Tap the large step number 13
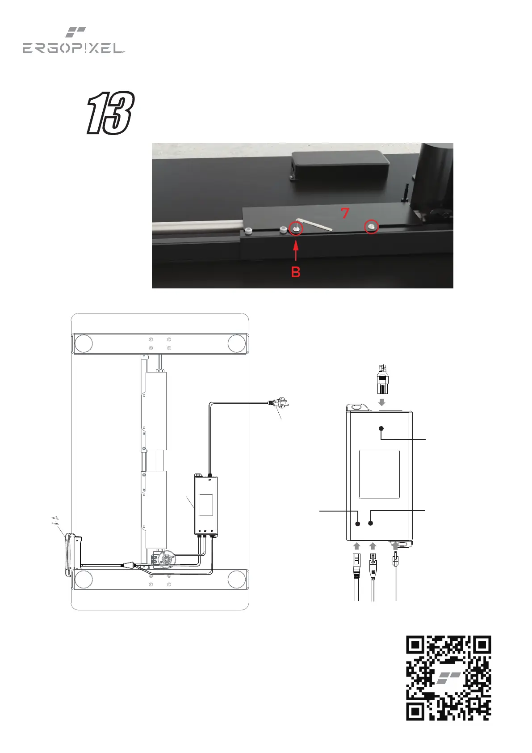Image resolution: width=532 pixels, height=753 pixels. point(110,113)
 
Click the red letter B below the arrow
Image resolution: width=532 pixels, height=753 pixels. point(296,272)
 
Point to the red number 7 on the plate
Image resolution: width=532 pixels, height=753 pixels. point(345,213)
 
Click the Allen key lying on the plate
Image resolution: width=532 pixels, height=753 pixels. point(315,223)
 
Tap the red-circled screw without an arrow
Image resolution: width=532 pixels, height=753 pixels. point(372,227)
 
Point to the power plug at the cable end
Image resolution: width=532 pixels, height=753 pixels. point(278,403)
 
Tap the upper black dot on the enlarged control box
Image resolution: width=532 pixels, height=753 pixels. point(381,429)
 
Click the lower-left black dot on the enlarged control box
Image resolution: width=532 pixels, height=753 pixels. point(358,524)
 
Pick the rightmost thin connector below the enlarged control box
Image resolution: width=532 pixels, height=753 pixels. point(395,572)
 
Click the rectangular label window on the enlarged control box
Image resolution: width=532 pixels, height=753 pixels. point(379,474)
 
